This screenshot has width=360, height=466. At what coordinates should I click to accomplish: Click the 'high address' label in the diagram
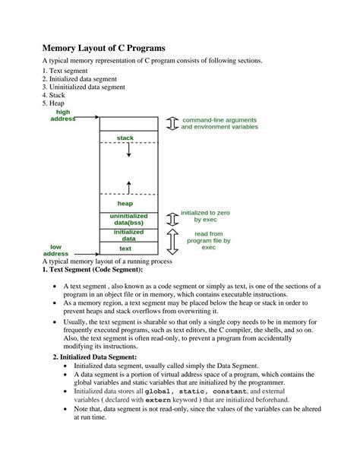coord(63,116)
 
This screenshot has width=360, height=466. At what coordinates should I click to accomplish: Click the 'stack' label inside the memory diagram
coord(125,138)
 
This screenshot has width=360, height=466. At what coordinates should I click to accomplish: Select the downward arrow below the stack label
coord(128,151)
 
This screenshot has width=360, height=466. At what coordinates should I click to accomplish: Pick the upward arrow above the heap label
coord(128,186)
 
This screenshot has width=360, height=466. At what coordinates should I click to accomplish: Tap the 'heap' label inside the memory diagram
coord(125,203)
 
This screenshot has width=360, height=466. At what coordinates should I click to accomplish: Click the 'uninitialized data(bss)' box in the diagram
coord(128,220)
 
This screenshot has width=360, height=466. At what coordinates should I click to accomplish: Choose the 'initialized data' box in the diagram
coord(128,235)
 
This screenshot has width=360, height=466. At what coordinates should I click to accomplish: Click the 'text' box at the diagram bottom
coord(125,248)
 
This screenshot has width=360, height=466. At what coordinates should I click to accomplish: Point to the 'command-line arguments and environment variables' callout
coord(219,123)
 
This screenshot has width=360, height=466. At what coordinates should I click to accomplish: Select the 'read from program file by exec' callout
coord(208,240)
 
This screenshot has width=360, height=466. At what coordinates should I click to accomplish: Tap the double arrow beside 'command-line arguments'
coord(171,123)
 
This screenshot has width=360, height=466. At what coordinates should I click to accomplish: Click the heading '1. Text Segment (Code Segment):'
coord(92,270)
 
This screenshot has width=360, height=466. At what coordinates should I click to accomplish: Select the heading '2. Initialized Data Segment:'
coord(94,356)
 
